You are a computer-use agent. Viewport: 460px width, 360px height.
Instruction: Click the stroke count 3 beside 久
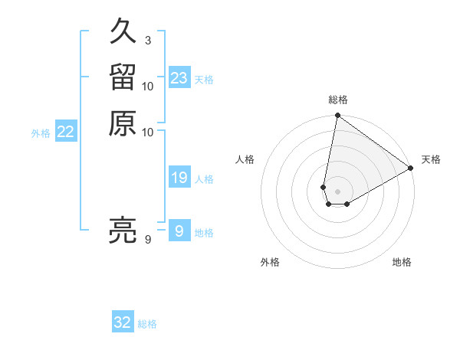(x=147, y=40)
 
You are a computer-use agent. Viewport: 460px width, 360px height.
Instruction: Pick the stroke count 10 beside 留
(x=147, y=86)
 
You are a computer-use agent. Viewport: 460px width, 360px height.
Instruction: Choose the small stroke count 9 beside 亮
(x=147, y=240)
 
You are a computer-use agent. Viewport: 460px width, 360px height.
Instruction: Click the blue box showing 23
(x=179, y=78)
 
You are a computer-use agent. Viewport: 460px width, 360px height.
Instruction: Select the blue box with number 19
(x=179, y=178)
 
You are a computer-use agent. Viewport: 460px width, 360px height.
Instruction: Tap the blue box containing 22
(x=66, y=133)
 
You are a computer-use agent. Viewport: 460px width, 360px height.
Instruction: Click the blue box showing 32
(x=123, y=322)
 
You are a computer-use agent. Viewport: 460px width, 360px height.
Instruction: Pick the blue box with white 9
(x=179, y=231)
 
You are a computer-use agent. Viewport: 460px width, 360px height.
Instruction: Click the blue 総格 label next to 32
(x=147, y=324)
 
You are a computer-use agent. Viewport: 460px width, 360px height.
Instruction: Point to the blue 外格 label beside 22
(x=41, y=133)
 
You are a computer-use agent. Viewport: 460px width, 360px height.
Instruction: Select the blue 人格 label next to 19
(x=204, y=179)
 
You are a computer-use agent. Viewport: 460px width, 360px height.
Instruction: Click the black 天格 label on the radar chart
(x=431, y=159)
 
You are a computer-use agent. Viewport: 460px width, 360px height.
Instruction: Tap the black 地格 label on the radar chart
(x=402, y=262)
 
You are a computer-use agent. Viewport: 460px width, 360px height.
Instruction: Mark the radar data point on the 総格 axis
(x=337, y=116)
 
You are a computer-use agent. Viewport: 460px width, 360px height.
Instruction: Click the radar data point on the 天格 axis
(x=411, y=169)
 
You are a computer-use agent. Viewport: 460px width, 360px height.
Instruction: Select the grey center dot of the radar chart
(x=337, y=191)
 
